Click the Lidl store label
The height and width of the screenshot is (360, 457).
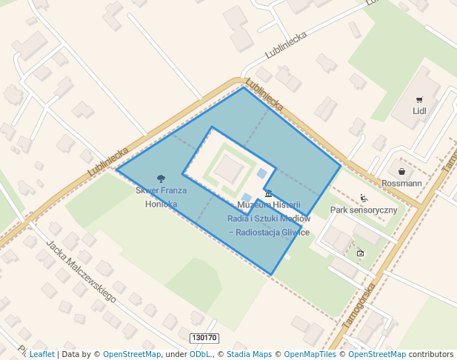[x=419, y=112]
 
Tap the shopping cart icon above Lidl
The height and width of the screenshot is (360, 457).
[x=419, y=100]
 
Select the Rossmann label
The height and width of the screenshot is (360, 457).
[x=401, y=183]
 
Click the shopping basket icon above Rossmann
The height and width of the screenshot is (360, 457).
[x=401, y=172]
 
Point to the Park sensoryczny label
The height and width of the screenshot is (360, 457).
[x=364, y=210]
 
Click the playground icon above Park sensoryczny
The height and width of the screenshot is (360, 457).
[x=364, y=199]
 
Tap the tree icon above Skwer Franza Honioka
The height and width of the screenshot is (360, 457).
[x=161, y=178]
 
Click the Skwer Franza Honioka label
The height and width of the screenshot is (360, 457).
[x=161, y=197]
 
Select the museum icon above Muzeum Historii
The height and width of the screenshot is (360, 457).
[x=268, y=193]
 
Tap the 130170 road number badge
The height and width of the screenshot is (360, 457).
[x=204, y=338]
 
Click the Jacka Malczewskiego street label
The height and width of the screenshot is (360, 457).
[x=81, y=270]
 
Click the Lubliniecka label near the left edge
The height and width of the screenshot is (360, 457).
[x=107, y=161]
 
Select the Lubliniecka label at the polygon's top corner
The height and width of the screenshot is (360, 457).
[x=264, y=95]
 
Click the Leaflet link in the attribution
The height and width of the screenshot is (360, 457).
[x=41, y=355]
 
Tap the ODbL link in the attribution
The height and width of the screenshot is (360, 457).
[x=199, y=355]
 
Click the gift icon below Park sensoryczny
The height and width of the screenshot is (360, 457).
[x=360, y=253]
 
